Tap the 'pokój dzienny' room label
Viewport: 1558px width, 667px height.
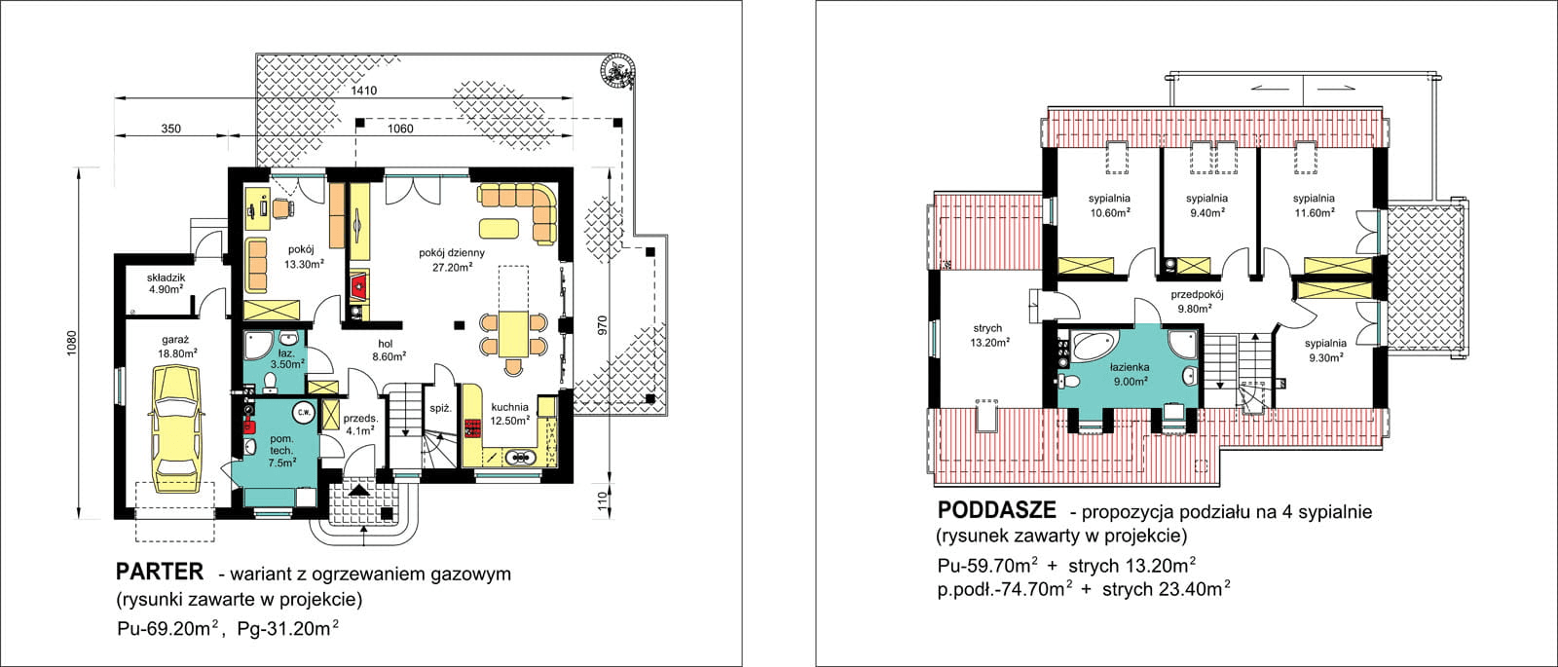[x=452, y=259]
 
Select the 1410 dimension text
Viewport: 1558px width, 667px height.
[x=364, y=91]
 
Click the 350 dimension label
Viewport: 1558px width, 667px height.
[x=170, y=129]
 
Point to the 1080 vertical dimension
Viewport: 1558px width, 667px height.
[x=71, y=347]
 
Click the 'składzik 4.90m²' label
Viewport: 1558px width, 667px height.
[x=167, y=283]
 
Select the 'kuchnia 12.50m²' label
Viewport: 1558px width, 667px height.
[x=510, y=414]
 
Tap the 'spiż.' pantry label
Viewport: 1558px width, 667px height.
[x=441, y=408]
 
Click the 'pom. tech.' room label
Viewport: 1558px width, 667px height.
[x=282, y=451]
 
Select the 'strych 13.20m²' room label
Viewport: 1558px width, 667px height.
[x=989, y=335]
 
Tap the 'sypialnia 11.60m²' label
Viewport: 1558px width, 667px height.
[x=1314, y=205]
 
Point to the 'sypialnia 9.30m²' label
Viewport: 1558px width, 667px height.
[x=1325, y=350]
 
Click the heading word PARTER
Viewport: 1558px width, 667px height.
[x=160, y=572]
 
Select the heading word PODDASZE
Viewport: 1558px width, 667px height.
[x=996, y=510]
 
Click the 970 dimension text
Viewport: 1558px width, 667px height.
[x=603, y=325]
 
